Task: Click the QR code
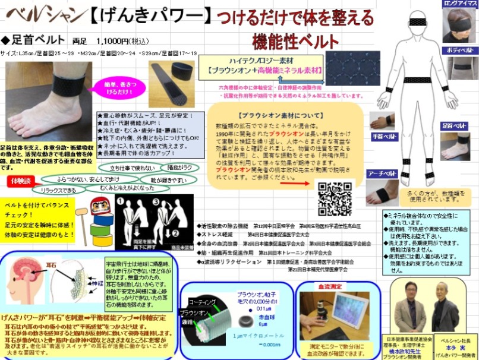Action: pos(335,198)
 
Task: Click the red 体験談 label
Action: pos(18,179)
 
